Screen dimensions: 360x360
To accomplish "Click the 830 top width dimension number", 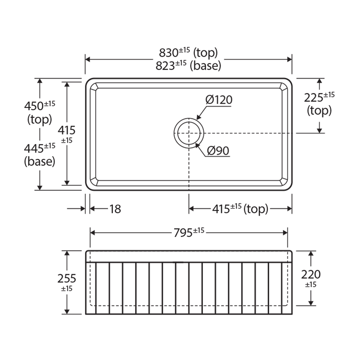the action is (168, 53).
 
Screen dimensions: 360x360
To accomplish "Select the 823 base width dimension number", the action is (165, 66).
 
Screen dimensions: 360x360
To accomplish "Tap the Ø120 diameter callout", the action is (219, 99).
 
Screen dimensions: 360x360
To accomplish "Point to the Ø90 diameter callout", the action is (218, 151).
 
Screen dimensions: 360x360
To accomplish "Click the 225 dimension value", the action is (314, 98).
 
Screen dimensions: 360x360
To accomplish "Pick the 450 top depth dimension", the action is (34, 106).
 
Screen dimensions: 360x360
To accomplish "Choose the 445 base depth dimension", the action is (34, 148).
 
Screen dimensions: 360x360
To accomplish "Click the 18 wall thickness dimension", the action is (115, 209).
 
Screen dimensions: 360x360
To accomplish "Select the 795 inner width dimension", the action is (183, 233).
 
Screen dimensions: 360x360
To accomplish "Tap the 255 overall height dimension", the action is (67, 279).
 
